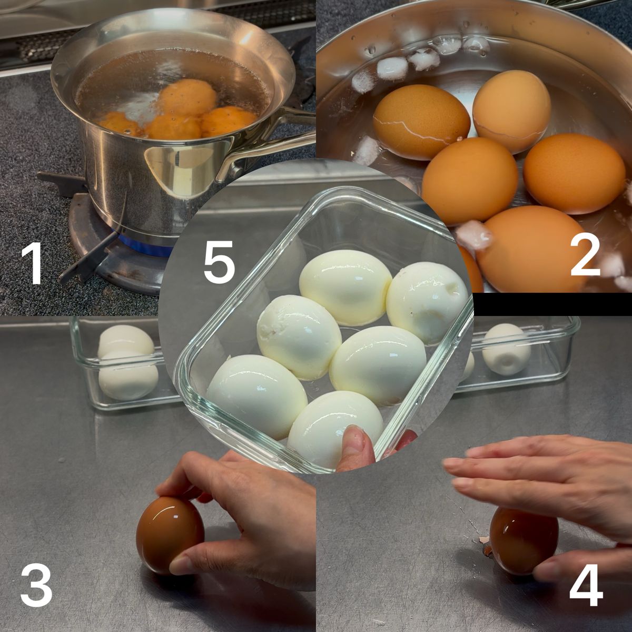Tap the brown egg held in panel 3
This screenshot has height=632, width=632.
[x=170, y=535]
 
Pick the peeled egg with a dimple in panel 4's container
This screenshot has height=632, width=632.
[x=506, y=349]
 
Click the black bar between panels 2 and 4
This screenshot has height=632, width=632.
[x=552, y=304]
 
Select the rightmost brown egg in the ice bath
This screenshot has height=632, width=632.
[x=574, y=173]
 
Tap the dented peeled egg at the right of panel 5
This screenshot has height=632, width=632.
[x=427, y=303]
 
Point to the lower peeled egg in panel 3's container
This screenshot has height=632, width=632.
[x=128, y=375]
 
